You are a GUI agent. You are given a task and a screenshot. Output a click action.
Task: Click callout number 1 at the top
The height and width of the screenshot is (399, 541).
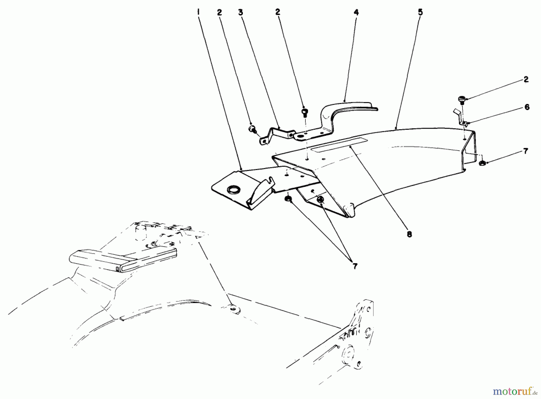point(198,12)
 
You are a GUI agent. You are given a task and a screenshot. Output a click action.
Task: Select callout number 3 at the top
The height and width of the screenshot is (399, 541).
point(240,12)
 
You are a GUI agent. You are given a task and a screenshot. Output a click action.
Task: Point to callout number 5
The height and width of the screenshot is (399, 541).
point(420,12)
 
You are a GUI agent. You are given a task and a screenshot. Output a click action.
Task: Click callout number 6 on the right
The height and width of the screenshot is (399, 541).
point(527,107)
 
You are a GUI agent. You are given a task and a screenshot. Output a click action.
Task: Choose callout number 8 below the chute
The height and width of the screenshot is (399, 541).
point(409,234)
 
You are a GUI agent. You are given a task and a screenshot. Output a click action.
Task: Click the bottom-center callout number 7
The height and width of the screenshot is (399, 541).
point(355,266)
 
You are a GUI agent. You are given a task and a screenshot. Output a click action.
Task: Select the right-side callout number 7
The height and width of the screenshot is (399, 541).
point(525,151)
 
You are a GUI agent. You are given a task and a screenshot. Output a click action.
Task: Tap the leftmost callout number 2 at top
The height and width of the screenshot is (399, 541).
point(220,12)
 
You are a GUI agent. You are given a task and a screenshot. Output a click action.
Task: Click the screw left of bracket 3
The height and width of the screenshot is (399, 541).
point(251,129)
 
